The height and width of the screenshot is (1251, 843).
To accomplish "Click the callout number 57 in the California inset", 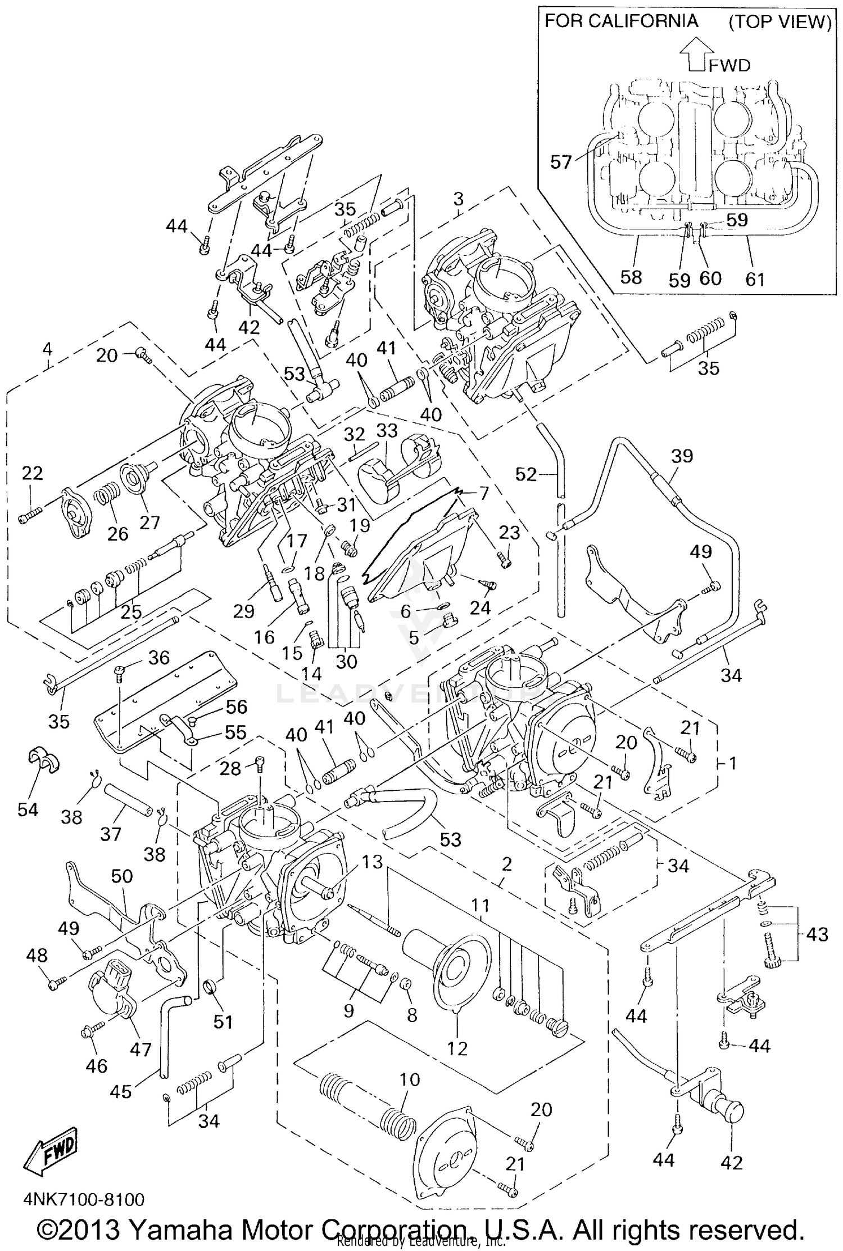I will [560, 163].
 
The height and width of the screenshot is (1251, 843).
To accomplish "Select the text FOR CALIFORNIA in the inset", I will [621, 21].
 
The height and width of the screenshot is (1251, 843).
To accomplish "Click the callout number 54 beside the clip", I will [28, 809].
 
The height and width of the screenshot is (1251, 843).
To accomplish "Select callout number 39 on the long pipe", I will [682, 456].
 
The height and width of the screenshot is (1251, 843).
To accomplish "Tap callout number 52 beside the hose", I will [527, 475].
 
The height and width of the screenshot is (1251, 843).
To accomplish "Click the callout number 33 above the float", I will [387, 431].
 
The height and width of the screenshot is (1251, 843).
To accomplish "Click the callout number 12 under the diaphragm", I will [457, 1048].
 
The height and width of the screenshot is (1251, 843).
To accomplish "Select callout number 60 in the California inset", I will [710, 278].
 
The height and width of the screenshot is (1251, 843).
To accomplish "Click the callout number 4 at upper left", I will [47, 349].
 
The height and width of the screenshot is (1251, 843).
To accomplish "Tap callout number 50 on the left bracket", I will [122, 876].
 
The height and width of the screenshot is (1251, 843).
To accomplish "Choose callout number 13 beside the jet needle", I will [372, 861].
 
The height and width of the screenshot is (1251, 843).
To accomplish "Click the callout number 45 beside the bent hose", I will [121, 1091].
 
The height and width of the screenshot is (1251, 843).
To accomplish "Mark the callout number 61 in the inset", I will [755, 278].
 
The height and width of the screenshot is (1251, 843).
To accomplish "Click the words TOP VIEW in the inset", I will [780, 22].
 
